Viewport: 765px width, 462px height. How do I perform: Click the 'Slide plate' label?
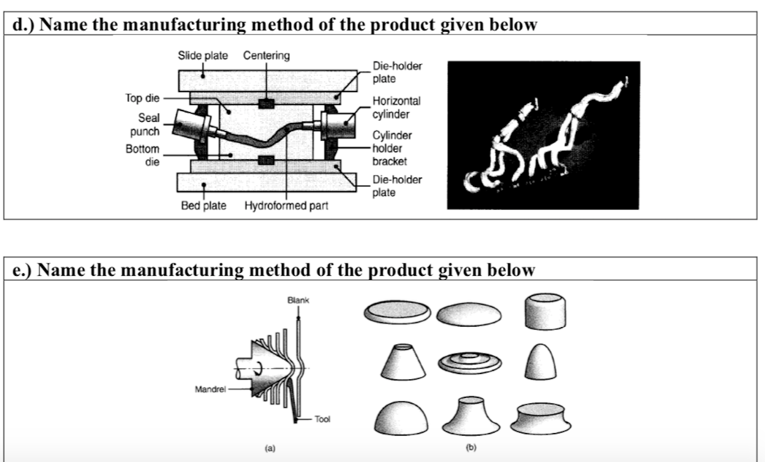[202, 55]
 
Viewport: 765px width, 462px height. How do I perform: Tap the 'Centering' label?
[266, 55]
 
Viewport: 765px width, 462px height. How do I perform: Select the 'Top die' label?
[142, 98]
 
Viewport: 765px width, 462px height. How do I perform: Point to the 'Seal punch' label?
[145, 124]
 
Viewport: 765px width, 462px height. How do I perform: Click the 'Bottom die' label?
[143, 155]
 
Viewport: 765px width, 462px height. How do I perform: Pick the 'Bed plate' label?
[203, 206]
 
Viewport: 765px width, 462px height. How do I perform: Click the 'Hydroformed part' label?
[286, 206]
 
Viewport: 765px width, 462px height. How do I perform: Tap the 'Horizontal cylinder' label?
[396, 108]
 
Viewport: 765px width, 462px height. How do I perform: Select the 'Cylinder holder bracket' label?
[392, 148]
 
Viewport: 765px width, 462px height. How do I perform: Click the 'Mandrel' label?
[210, 389]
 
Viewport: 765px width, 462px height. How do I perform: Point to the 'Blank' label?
[298, 300]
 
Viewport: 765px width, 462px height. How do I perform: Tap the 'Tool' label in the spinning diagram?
[322, 419]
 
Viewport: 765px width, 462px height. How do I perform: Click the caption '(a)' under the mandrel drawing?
[270, 448]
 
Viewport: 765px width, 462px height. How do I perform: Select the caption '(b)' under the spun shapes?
[471, 447]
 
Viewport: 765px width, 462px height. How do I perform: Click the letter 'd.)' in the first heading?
[23, 24]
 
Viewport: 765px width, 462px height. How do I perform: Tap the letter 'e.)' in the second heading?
[22, 270]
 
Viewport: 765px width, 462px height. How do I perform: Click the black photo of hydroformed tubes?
[543, 135]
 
